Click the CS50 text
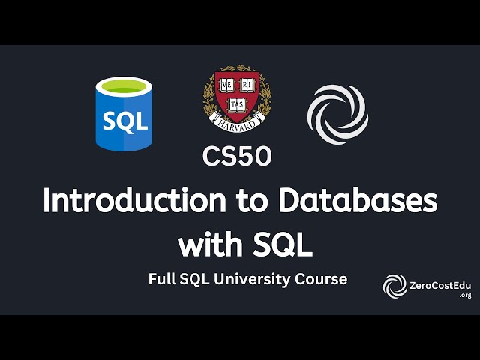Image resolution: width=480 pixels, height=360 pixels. coord(236,156)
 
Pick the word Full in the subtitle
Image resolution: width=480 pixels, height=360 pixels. coord(163,279)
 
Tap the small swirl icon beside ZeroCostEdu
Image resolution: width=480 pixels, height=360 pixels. coord(395,286)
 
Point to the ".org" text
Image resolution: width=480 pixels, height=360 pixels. coord(465,295)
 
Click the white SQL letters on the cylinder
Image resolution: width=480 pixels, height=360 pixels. coord(121,121)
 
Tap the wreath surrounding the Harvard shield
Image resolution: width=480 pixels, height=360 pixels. coord(208,101)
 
